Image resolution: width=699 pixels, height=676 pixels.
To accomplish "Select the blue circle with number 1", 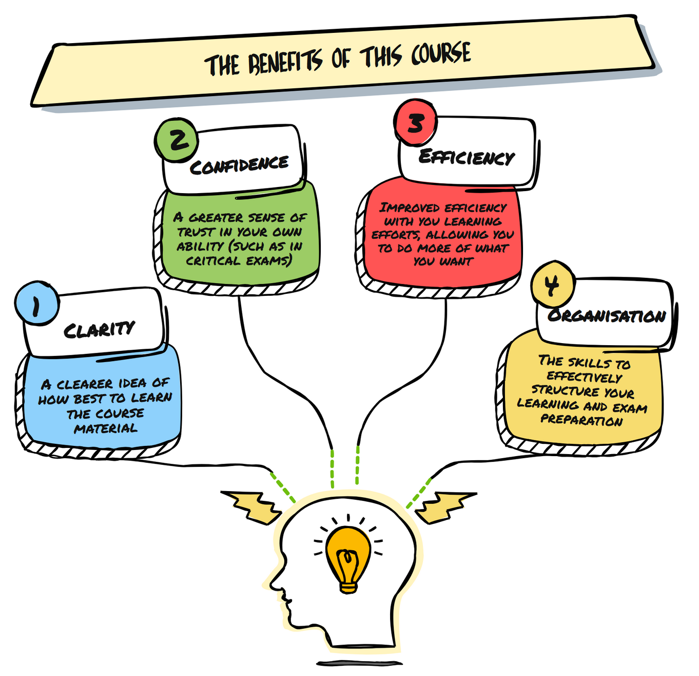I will (36, 303).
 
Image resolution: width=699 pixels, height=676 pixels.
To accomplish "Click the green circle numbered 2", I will (177, 139).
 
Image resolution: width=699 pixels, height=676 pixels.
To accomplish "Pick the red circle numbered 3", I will (415, 122).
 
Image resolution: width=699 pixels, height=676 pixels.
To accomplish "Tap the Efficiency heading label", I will (467, 156).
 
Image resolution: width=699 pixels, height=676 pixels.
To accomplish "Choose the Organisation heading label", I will (607, 315).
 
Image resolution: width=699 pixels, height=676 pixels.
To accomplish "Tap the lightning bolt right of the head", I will (444, 506).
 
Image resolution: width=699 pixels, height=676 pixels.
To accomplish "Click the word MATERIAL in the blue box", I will (106, 428).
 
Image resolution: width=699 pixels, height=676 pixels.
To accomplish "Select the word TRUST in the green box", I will (196, 232).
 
